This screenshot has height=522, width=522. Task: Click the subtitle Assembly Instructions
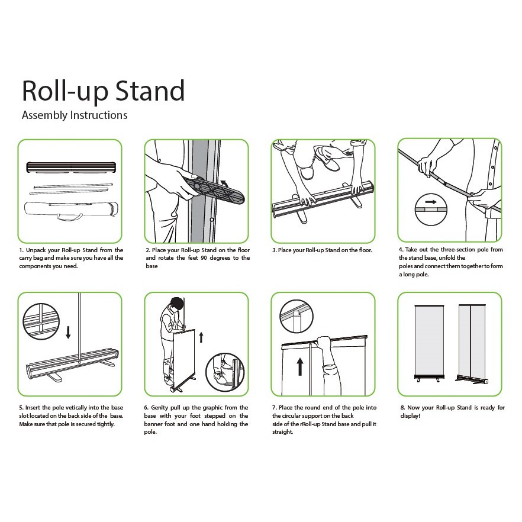[x=74, y=115]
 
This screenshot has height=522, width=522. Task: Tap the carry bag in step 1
[x=70, y=210]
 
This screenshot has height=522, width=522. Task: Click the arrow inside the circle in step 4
[x=430, y=202]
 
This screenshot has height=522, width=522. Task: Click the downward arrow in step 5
[x=68, y=332]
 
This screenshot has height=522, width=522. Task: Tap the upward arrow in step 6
[x=201, y=337]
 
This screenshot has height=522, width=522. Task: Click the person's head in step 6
[x=176, y=304]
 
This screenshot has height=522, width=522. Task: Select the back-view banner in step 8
[x=472, y=342]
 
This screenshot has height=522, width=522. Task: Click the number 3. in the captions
[x=275, y=250]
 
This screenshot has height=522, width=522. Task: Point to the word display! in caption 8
[x=410, y=416]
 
